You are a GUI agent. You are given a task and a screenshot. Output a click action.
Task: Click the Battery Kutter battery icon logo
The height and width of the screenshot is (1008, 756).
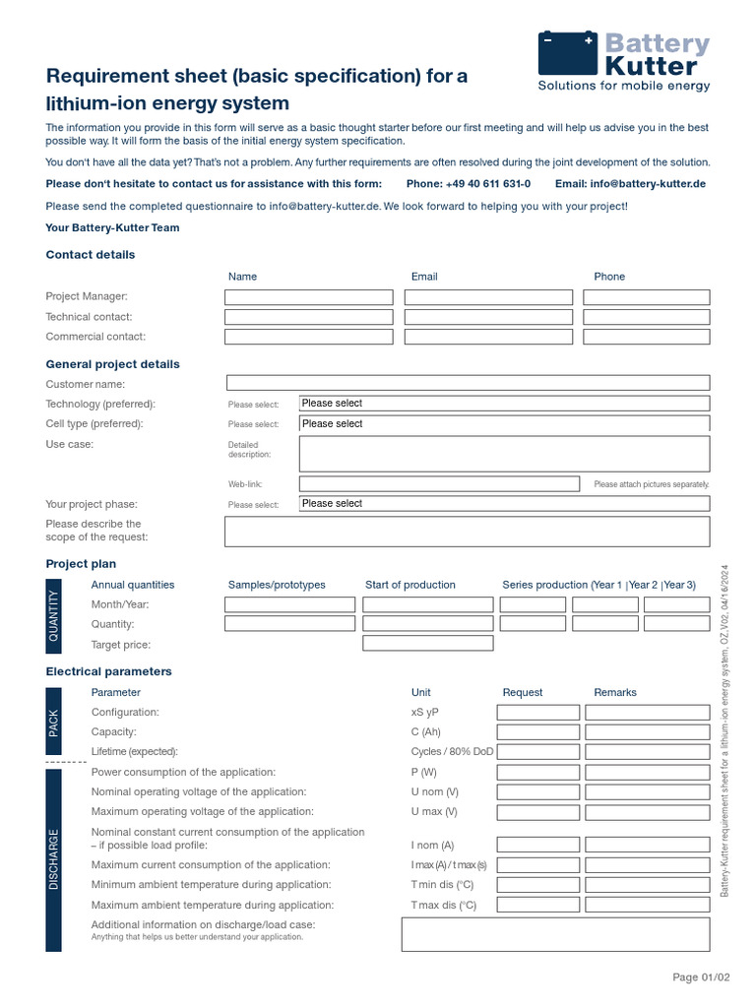[568, 53]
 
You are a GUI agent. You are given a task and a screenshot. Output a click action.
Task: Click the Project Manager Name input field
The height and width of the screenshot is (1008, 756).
[308, 297]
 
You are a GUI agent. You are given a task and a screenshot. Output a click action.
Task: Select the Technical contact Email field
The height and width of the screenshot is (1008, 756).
[488, 317]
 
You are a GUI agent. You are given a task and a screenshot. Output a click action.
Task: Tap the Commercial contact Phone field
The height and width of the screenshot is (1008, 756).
[646, 337]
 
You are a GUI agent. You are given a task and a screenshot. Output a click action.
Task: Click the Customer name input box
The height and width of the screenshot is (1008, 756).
[468, 383]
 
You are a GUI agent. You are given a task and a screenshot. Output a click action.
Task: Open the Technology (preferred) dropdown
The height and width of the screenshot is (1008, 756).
[504, 404]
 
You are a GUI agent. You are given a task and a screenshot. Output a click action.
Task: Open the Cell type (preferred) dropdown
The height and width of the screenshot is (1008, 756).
[504, 424]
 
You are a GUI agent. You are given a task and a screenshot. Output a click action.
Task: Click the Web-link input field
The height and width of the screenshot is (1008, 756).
[439, 484]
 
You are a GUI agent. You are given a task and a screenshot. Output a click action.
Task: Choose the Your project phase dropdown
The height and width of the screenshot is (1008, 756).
[504, 504]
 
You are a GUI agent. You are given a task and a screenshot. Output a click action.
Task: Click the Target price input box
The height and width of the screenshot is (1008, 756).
[428, 644]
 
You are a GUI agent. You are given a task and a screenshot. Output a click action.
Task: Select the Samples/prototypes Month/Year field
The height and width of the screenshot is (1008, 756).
[289, 604]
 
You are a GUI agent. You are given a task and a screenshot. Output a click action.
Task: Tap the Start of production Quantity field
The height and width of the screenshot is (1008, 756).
[428, 624]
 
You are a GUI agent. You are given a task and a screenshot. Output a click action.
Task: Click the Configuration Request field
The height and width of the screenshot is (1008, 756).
[538, 712]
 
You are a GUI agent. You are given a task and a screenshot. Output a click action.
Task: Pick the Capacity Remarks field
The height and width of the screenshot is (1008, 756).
[647, 732]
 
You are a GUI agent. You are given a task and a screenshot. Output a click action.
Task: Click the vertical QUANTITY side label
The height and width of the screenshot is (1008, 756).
[53, 615]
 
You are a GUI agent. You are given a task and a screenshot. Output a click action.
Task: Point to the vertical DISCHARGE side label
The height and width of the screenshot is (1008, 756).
[53, 859]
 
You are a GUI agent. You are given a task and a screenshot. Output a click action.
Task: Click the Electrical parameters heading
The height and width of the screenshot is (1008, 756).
[109, 671]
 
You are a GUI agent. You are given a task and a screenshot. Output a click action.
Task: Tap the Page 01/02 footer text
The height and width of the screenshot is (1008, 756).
[701, 977]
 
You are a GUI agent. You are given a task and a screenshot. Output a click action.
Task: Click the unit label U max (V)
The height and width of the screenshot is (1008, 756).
[434, 812]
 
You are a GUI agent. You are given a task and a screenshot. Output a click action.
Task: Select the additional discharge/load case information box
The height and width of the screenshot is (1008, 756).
[555, 934]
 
